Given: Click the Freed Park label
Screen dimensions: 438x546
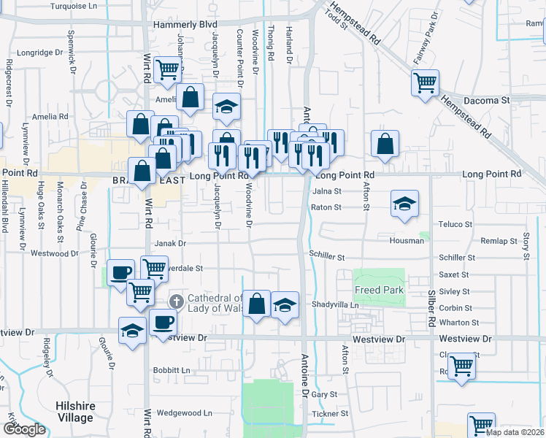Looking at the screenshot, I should [378, 291].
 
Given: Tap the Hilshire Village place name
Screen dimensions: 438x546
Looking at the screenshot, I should [75, 412].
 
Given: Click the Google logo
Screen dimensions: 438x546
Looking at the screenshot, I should [23, 429].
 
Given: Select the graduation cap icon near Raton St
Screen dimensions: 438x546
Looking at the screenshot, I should [404, 204].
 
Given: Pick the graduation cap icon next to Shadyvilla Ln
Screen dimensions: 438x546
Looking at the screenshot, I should [284, 306].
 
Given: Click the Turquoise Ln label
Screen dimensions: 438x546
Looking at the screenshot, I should [74, 6].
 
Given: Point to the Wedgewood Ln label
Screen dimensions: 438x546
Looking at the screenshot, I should [183, 413].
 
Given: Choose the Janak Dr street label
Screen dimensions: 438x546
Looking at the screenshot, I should [170, 244].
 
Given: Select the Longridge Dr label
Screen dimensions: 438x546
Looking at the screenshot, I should [40, 53].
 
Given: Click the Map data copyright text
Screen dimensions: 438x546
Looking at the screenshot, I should [515, 432].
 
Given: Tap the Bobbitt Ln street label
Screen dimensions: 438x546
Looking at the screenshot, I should [172, 370].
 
